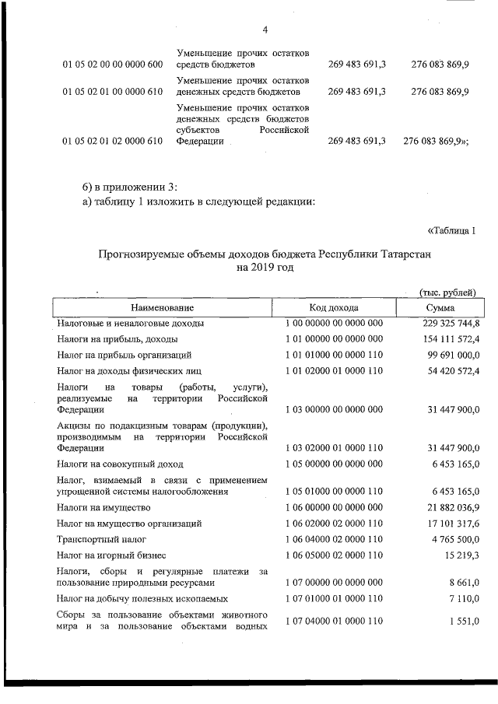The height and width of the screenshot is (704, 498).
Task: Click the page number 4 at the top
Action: click(265, 30)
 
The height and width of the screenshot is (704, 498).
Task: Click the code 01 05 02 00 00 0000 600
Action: click(112, 65)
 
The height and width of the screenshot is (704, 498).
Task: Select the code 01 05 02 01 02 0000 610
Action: click(112, 142)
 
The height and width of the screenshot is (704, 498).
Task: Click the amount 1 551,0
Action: click(465, 622)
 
